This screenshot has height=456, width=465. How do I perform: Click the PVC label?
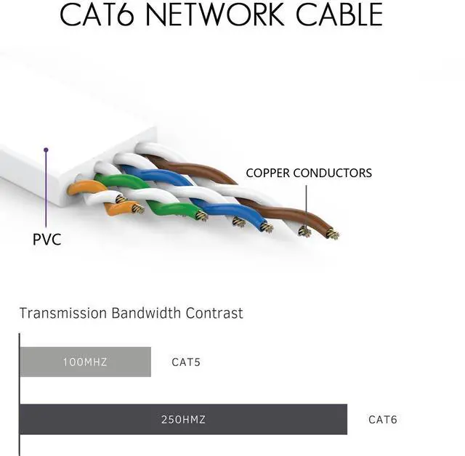pyautogui.click(x=47, y=240)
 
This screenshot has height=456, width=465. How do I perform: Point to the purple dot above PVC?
pyautogui.click(x=46, y=150)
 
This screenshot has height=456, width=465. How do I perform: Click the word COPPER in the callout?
pyautogui.click(x=270, y=173)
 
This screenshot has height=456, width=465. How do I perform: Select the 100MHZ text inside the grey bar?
pyautogui.click(x=85, y=362)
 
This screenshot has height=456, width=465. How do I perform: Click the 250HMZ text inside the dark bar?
pyautogui.click(x=183, y=420)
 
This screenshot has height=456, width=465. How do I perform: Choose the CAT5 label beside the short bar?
pyautogui.click(x=186, y=362)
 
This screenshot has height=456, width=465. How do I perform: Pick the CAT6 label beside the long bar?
pyautogui.click(x=383, y=420)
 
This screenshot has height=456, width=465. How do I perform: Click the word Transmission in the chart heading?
pyautogui.click(x=62, y=314)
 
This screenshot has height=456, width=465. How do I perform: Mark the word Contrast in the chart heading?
pyautogui.click(x=214, y=314)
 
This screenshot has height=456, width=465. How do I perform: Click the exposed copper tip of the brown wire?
pyautogui.click(x=333, y=235)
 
